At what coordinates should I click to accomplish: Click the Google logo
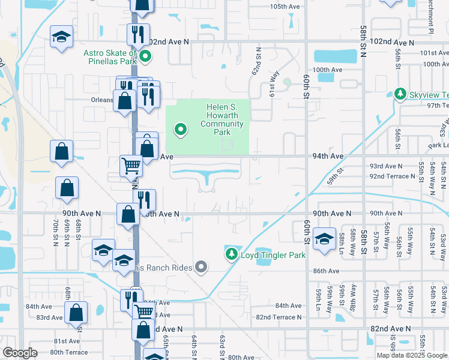[x=20, y=353]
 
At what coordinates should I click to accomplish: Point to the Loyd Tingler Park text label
[x=273, y=255]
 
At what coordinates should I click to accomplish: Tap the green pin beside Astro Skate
[x=145, y=58]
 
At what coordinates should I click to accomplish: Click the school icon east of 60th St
[x=324, y=239]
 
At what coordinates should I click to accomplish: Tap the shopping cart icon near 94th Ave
[x=131, y=165]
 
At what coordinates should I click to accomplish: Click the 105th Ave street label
[x=285, y=7]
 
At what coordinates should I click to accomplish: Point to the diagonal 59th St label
[x=335, y=175]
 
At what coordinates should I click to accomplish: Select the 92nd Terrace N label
[x=392, y=176]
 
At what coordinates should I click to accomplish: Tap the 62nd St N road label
[x=258, y=62]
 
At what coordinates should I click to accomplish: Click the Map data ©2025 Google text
[x=411, y=355]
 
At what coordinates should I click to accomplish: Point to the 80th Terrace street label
[x=69, y=352]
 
